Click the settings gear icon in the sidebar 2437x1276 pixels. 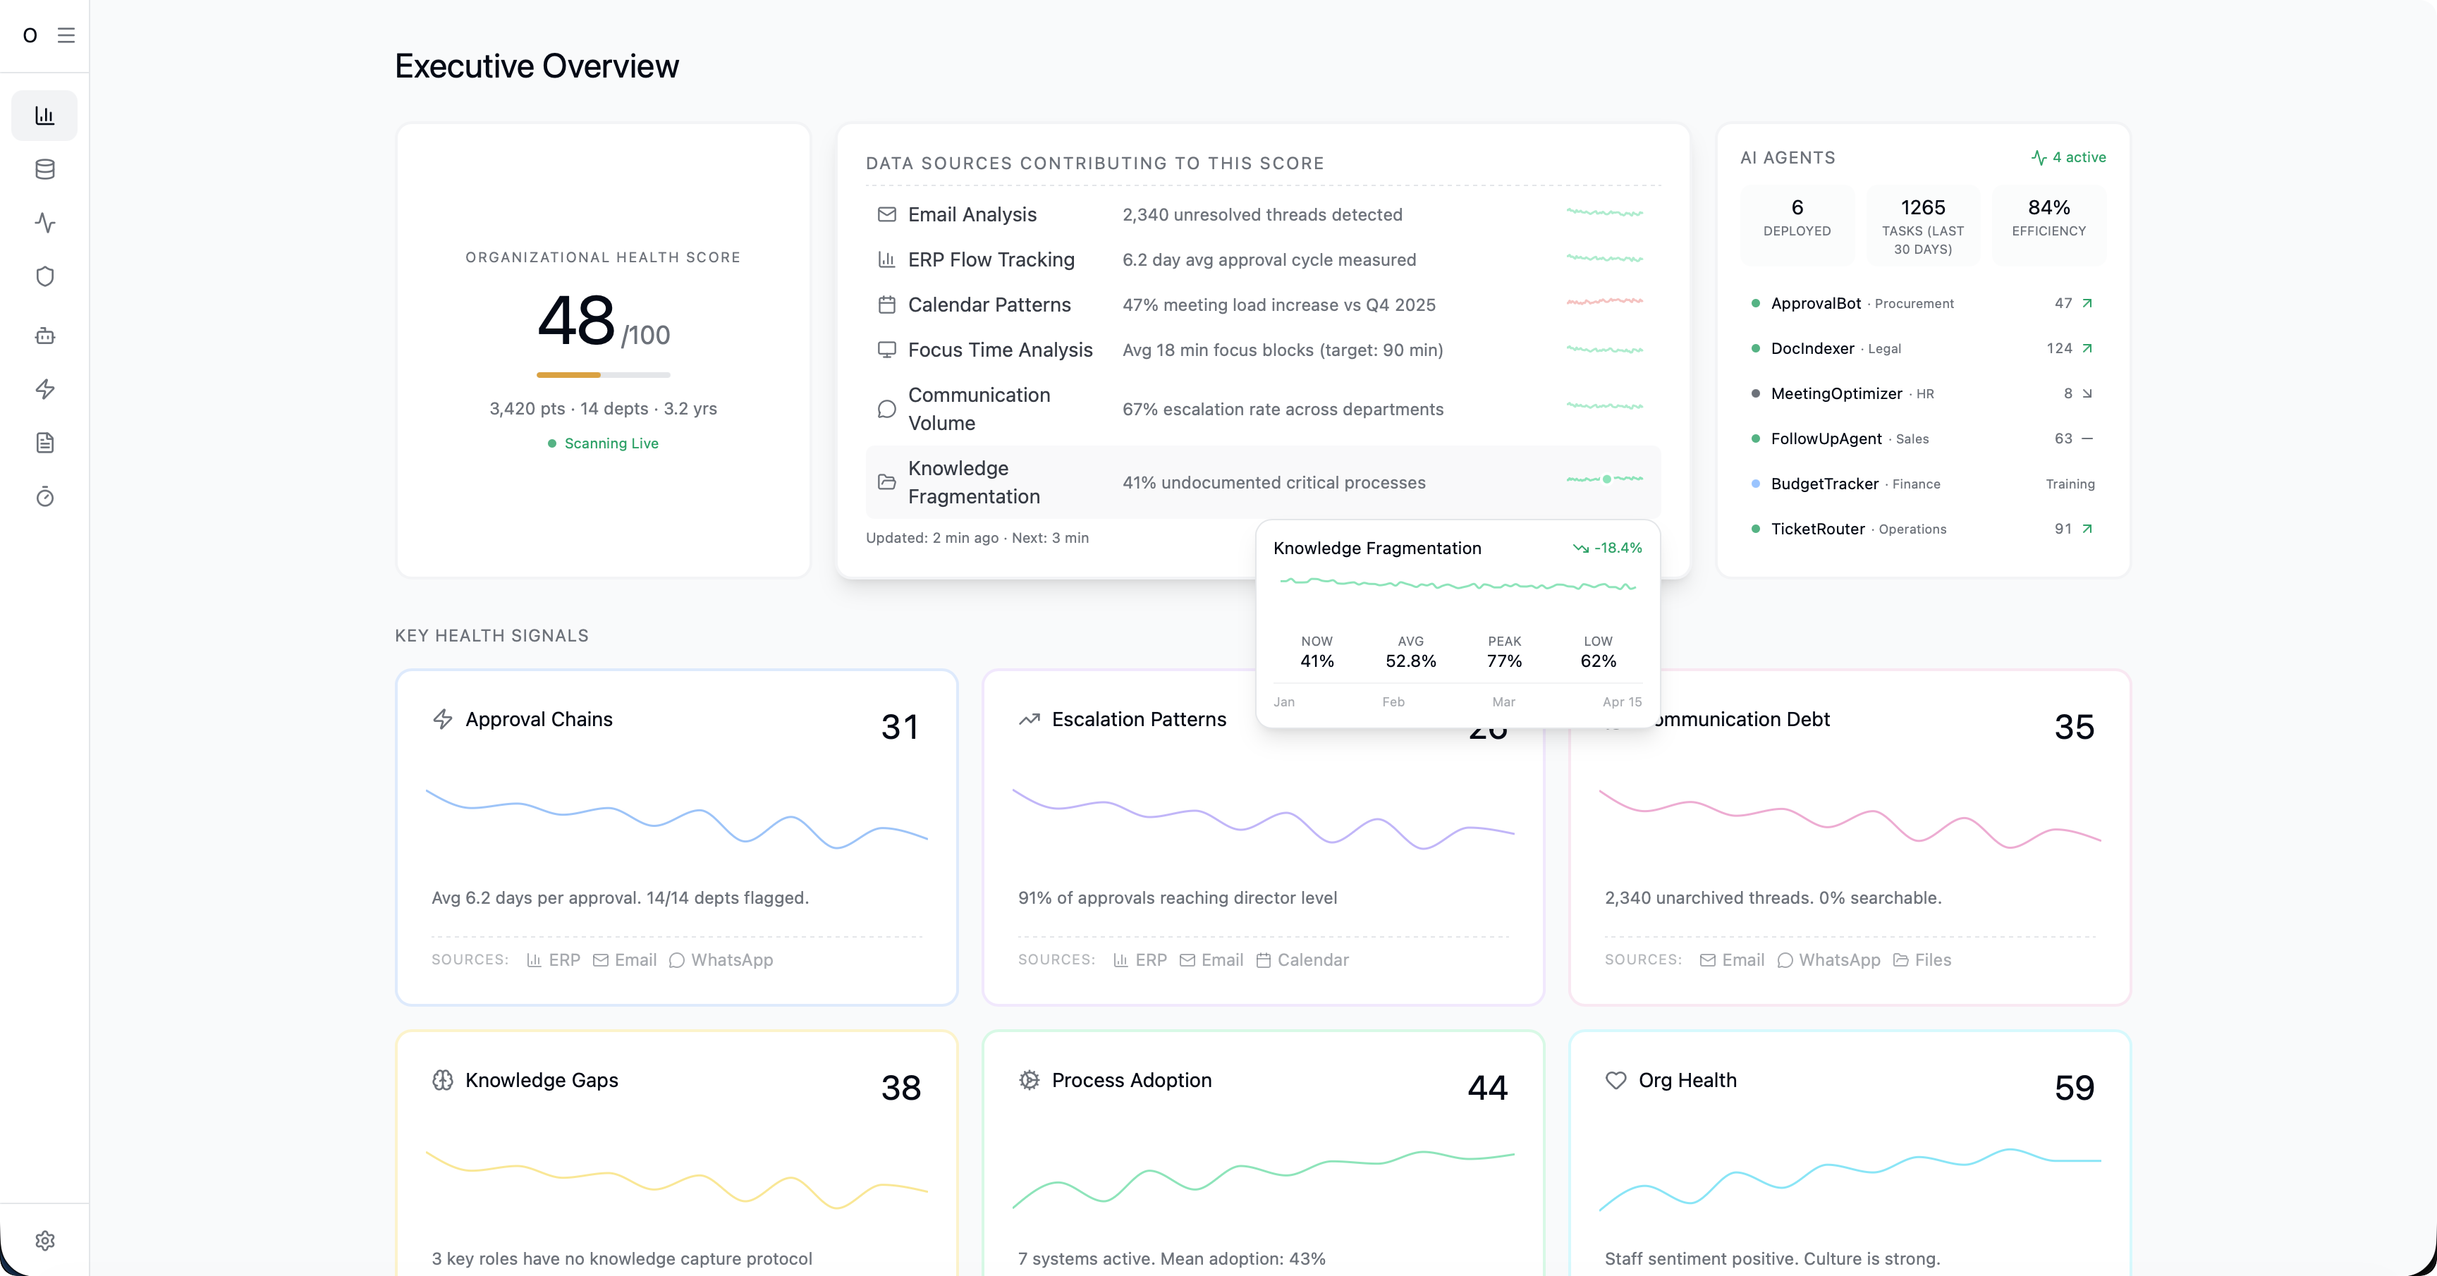coord(44,1240)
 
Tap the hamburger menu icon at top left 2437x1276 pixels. coord(66,35)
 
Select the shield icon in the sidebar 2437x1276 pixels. coord(44,276)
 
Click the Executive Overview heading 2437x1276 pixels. coord(537,66)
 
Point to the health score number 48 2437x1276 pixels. coord(576,321)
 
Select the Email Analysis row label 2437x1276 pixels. coord(972,215)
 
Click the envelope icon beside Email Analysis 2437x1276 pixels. coord(886,215)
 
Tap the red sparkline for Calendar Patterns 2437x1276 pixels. coord(1604,302)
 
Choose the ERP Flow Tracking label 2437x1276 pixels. coord(991,260)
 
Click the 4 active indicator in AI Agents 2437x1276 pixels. coord(2069,157)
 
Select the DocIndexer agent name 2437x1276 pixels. coord(1812,348)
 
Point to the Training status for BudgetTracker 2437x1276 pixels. coord(2070,484)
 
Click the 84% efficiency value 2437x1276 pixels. coord(2048,207)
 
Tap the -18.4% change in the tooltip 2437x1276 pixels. coord(1617,548)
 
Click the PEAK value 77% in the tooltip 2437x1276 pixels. coord(1504,661)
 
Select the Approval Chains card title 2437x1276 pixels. coord(538,720)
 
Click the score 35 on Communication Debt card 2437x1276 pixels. coord(2074,726)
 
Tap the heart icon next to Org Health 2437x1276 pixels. coord(1615,1080)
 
